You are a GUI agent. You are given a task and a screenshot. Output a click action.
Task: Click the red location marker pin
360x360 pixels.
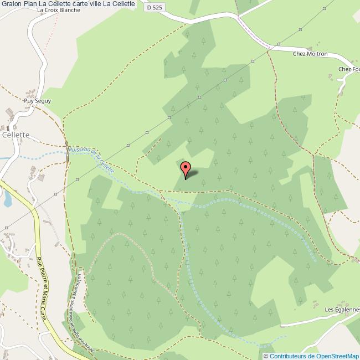(x=186, y=168)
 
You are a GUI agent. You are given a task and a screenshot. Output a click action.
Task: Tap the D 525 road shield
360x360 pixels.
(x=156, y=7)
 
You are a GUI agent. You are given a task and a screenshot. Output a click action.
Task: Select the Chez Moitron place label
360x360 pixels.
(x=310, y=54)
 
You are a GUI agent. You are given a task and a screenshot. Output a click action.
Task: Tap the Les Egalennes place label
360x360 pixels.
(x=342, y=309)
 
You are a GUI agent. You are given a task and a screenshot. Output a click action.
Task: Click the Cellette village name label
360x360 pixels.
(x=15, y=135)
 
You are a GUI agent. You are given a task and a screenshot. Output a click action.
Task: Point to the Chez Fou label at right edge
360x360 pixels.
(x=349, y=69)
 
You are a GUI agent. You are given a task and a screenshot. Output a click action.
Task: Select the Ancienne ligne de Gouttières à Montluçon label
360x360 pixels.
(x=76, y=310)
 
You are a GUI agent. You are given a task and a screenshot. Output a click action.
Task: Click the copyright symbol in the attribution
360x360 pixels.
(x=266, y=356)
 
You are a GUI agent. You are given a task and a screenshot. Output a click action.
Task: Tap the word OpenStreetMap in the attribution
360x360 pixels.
(x=337, y=356)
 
